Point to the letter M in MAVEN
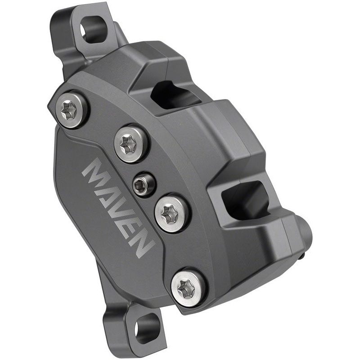96,172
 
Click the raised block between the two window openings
225,135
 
